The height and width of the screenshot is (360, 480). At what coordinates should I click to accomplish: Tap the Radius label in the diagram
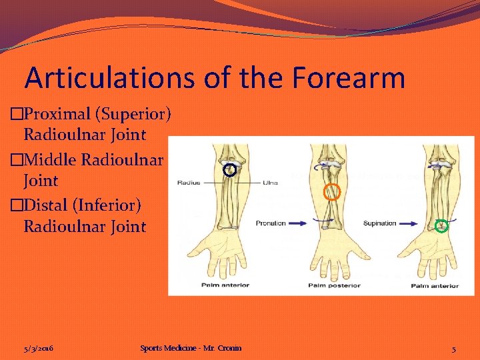[x=189, y=182]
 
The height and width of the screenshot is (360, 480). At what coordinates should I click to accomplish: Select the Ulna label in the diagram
[x=270, y=182]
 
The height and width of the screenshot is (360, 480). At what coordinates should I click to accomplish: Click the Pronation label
[x=271, y=223]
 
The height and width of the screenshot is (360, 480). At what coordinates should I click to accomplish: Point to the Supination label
[x=379, y=223]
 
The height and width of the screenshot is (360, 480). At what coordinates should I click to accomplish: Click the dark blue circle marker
[x=229, y=170]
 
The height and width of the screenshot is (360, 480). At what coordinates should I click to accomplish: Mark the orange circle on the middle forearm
[x=331, y=193]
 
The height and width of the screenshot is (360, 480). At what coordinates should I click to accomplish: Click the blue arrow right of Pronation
[x=300, y=223]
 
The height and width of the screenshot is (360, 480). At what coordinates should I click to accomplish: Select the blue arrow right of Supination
[x=408, y=223]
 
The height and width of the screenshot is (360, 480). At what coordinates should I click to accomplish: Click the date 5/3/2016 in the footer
[x=38, y=348]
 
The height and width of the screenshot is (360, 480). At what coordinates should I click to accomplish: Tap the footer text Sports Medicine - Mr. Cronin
[x=191, y=348]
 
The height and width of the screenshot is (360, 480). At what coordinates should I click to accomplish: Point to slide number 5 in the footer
[x=453, y=349]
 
